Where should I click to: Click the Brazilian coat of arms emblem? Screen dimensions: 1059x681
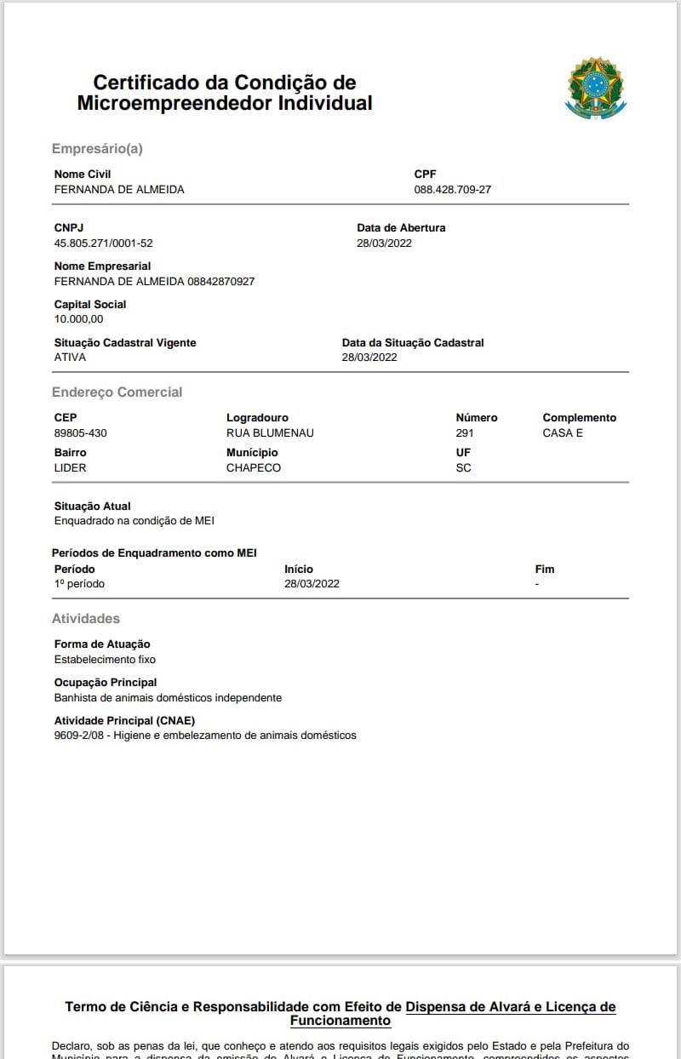(596, 87)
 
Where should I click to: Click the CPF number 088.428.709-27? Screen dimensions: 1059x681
(452, 190)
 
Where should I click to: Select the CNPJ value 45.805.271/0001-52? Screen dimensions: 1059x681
(103, 243)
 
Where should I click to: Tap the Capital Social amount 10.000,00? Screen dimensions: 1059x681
(78, 319)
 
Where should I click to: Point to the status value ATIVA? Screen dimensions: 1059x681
(70, 358)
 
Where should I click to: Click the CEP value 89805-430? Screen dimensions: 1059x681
(80, 433)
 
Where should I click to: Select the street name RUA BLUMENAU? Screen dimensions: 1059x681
(270, 433)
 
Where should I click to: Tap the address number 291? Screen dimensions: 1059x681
(465, 433)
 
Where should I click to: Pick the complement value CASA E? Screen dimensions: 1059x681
(563, 433)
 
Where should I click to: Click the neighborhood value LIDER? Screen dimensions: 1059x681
(70, 468)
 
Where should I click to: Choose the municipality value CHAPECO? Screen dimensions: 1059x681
(254, 468)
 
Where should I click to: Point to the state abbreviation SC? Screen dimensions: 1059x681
(463, 468)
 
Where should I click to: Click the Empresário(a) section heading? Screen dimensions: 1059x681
(97, 149)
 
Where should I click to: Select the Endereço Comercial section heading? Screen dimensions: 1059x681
(117, 392)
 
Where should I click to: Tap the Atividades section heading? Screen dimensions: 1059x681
(86, 619)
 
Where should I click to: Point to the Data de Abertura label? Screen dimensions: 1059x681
(401, 228)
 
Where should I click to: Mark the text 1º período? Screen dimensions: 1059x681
(79, 584)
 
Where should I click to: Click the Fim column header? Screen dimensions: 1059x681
(544, 570)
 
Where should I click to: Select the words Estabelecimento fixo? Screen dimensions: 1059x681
(105, 660)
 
